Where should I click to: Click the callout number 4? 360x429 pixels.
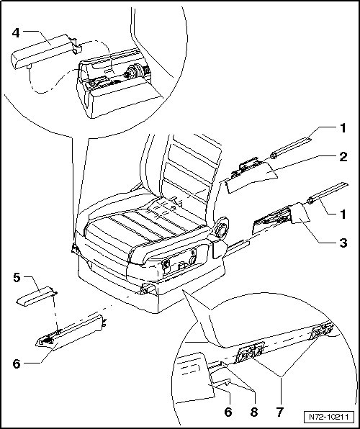pyautogui.click(x=16, y=33)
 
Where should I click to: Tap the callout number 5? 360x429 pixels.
pyautogui.click(x=17, y=277)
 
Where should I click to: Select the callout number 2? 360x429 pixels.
pyautogui.click(x=343, y=157)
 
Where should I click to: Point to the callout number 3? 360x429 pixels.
pyautogui.click(x=343, y=243)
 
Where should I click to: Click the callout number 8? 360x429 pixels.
pyautogui.click(x=253, y=412)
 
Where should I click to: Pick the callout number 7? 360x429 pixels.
pyautogui.click(x=280, y=412)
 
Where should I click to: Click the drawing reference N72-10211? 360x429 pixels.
pyautogui.click(x=328, y=417)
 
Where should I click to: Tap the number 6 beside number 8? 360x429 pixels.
pyautogui.click(x=228, y=412)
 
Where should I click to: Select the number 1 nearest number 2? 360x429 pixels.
pyautogui.click(x=343, y=128)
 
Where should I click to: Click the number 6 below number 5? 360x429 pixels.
pyautogui.click(x=17, y=364)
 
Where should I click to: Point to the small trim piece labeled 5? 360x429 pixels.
pyautogui.click(x=36, y=297)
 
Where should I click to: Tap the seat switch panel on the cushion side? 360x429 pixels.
pyautogui.click(x=180, y=262)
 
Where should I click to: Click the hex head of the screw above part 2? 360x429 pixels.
pyautogui.click(x=273, y=155)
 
